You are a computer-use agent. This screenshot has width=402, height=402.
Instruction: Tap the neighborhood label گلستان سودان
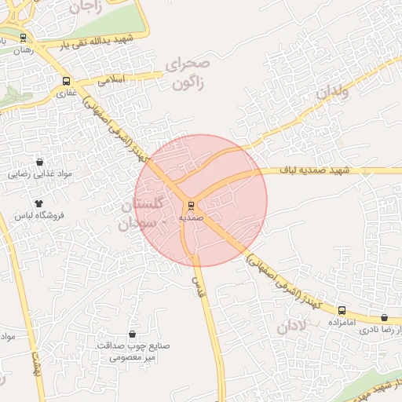[144, 214]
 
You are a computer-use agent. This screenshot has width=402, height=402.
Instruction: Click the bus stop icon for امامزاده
[342, 311]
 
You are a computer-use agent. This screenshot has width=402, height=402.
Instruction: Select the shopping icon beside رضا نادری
[384, 318]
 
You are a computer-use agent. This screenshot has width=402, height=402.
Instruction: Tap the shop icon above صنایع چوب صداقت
[132, 334]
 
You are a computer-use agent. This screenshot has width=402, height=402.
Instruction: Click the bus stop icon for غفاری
[65, 81]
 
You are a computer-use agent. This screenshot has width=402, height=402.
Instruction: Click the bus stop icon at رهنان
[23, 38]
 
